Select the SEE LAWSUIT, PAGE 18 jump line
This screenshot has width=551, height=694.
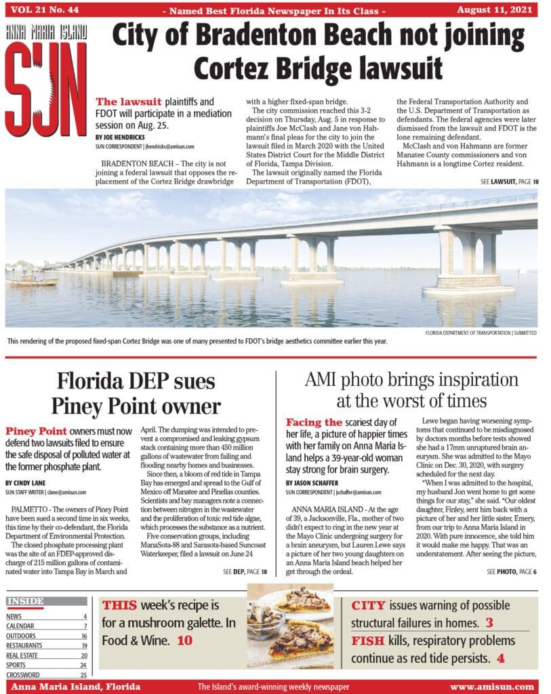pos(509,182)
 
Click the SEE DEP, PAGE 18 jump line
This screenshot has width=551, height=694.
pos(245,572)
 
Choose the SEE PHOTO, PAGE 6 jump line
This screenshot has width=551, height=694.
pos(512,572)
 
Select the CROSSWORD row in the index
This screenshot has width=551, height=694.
pos(46,675)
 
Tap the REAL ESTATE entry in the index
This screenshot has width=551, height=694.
pos(46,655)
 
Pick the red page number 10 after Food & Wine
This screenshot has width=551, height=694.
pos(184,640)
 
